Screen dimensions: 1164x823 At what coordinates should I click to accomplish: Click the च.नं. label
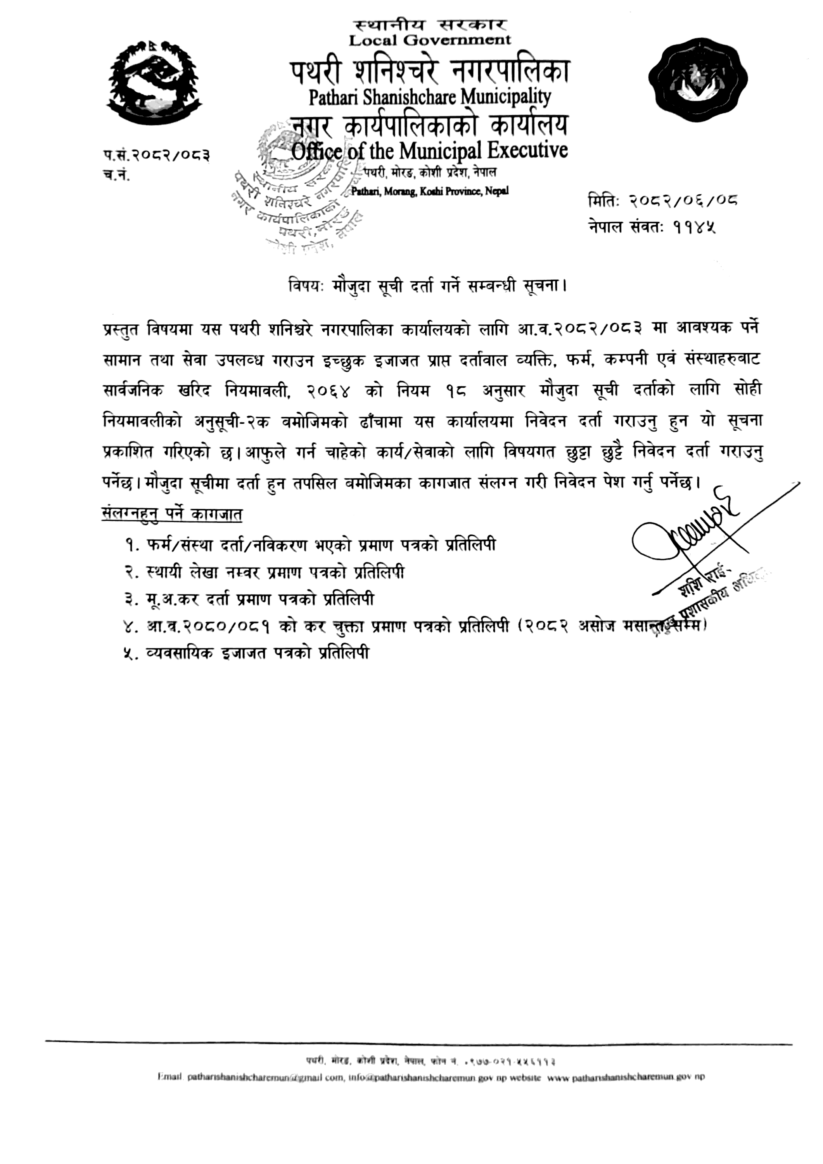(x=116, y=175)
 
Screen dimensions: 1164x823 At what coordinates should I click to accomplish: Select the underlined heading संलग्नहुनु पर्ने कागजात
(x=172, y=514)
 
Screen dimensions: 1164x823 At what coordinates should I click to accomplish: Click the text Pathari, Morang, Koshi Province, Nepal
(x=430, y=191)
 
